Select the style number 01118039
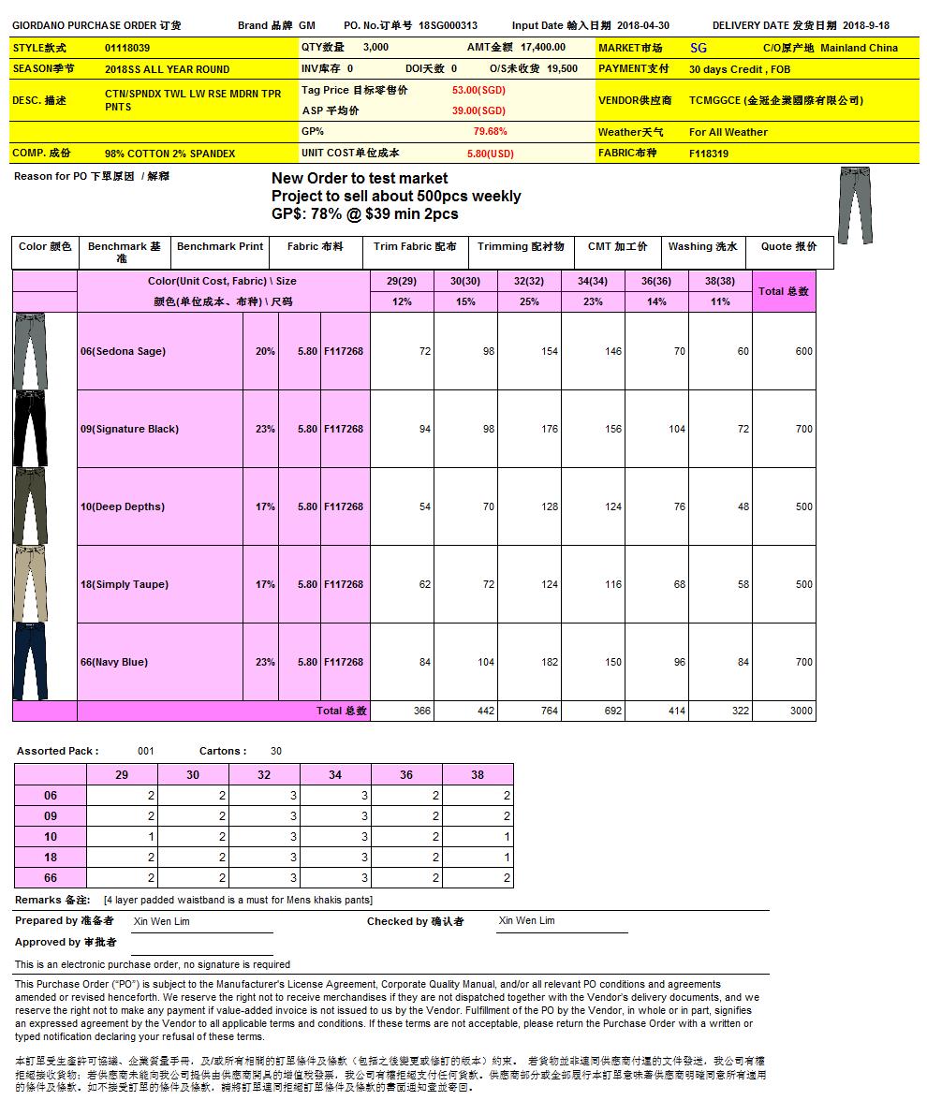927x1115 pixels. tap(127, 48)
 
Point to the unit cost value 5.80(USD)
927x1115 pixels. tap(490, 154)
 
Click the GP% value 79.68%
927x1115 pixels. tap(490, 132)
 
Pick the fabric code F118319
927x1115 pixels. tap(709, 154)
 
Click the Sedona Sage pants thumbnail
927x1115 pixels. tap(30, 351)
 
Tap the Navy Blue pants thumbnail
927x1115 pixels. tap(30, 662)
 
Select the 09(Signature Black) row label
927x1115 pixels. tap(129, 429)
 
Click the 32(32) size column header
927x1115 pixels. tap(529, 282)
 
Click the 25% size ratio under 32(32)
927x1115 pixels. tap(529, 302)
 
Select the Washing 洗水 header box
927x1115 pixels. tap(702, 247)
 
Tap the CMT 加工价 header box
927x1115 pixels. tap(617, 247)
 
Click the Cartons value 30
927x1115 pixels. tap(275, 751)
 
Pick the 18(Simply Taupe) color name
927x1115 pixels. tap(124, 584)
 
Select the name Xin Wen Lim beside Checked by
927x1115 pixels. tap(526, 921)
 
